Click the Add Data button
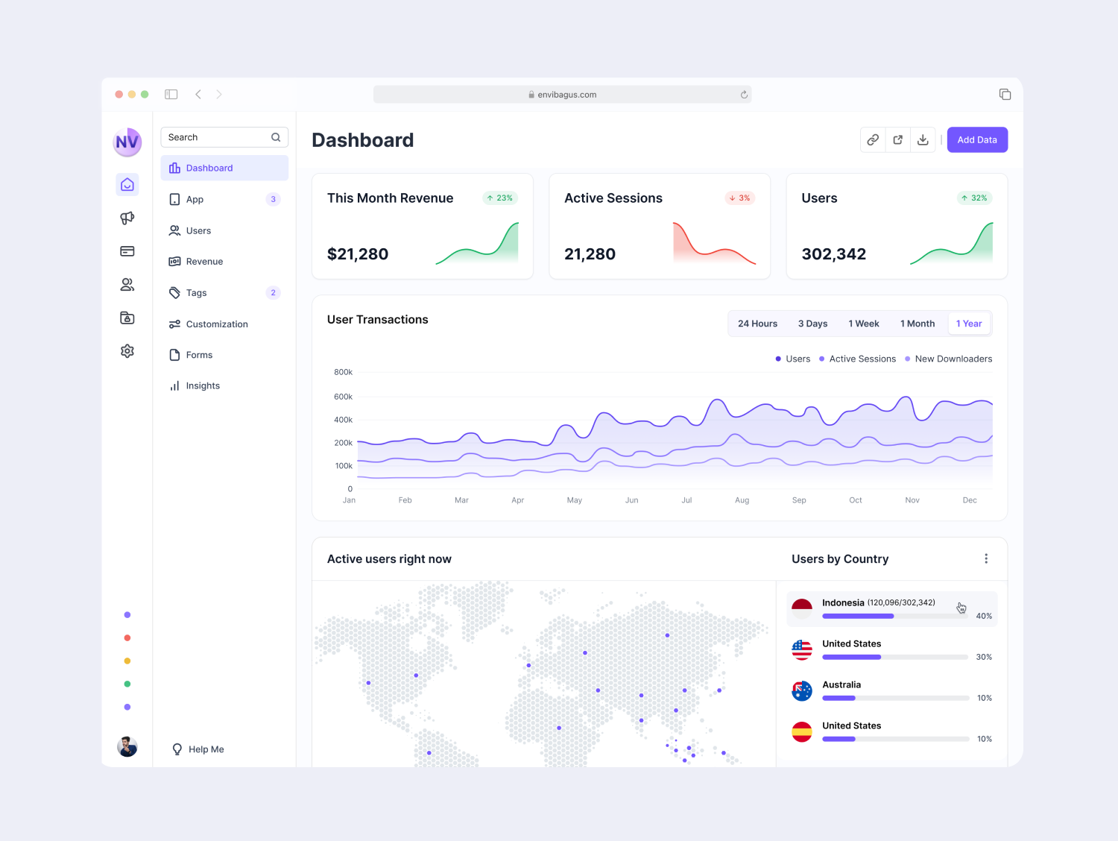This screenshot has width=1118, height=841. tap(976, 140)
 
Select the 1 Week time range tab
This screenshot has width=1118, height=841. tap(863, 324)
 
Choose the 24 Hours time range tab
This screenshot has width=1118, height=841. tap(757, 324)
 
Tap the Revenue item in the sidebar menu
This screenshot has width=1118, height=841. tap(204, 262)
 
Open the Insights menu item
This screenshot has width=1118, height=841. tap(203, 386)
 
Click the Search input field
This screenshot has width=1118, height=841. tap(216, 137)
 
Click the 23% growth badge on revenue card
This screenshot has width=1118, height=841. tap(500, 198)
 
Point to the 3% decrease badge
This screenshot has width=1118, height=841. tap(739, 198)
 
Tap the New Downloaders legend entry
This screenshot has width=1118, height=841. tap(953, 359)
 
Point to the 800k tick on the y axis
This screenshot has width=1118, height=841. tap(343, 372)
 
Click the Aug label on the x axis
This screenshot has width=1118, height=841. tap(742, 500)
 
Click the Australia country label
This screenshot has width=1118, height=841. tap(841, 684)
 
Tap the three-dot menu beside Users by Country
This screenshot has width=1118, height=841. tap(985, 559)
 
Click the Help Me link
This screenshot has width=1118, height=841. tap(206, 749)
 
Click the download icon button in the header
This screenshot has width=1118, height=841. tap(923, 140)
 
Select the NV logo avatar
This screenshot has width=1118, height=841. tap(127, 142)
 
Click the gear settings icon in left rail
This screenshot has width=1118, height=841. tap(127, 351)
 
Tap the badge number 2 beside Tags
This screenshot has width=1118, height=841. tap(273, 293)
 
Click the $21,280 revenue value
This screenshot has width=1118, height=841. tap(358, 254)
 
